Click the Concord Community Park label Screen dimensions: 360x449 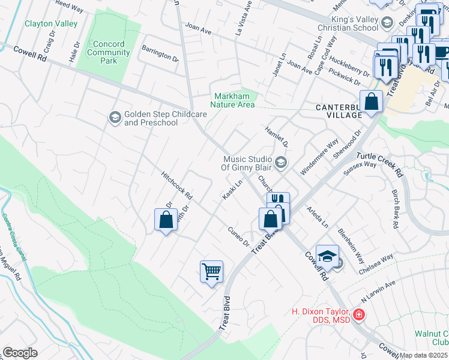point(109,52)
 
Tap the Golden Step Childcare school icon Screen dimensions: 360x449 point(115,118)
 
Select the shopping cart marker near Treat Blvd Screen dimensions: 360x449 point(211,272)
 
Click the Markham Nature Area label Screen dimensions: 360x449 point(235,100)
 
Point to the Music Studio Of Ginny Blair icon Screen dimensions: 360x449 point(280,163)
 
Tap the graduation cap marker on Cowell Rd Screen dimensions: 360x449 point(327,256)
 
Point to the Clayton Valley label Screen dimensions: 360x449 point(51,23)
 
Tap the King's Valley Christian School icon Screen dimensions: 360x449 point(387,23)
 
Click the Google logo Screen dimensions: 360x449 point(20,353)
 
